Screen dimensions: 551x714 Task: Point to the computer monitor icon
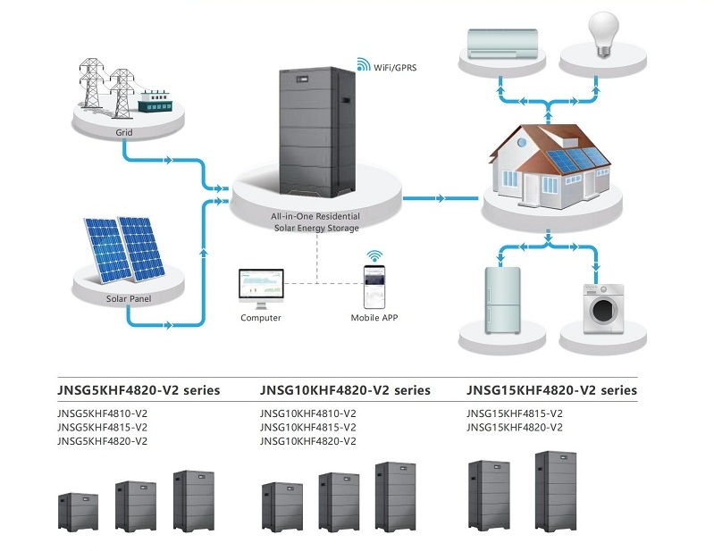pyautogui.click(x=261, y=286)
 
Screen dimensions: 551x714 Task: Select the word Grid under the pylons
pyautogui.click(x=124, y=132)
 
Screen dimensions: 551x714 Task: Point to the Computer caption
pyautogui.click(x=261, y=318)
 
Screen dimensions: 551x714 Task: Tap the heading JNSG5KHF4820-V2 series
pyautogui.click(x=139, y=390)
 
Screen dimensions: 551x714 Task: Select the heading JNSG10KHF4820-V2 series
pyautogui.click(x=345, y=390)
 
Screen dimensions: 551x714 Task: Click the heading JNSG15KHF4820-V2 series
pyautogui.click(x=551, y=390)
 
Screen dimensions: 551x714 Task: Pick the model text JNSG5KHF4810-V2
pyautogui.click(x=102, y=413)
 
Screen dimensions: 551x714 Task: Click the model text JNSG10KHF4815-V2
pyautogui.click(x=308, y=428)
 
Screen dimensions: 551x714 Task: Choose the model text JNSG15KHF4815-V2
pyautogui.click(x=515, y=413)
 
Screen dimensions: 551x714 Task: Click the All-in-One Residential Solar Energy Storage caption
pyautogui.click(x=315, y=222)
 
